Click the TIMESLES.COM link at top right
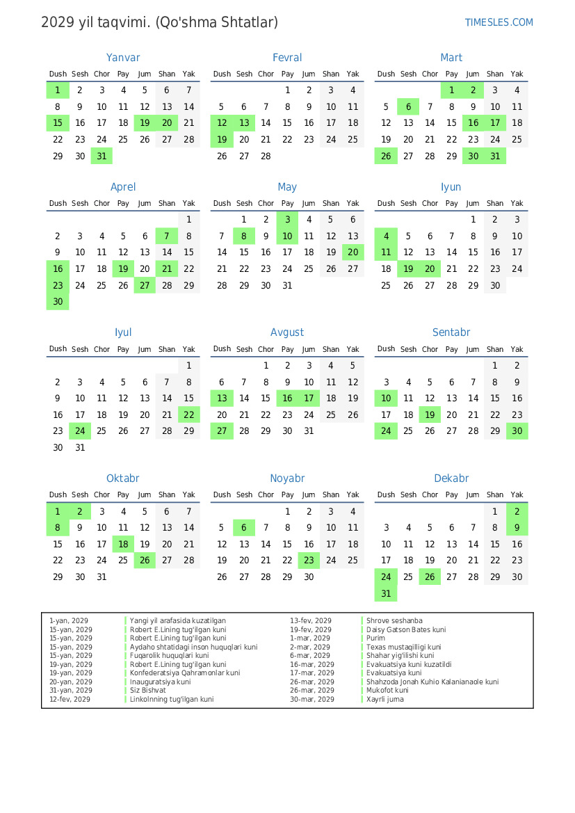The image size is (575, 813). click(499, 22)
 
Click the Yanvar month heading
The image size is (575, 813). click(123, 58)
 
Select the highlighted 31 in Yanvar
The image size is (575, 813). click(102, 156)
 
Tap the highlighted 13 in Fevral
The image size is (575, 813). click(243, 123)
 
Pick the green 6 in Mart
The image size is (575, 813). click(408, 106)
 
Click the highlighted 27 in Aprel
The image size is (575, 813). click(145, 285)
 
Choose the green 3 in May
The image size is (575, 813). click(287, 219)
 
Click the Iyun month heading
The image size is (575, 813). click(451, 187)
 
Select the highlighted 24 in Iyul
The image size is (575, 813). click(80, 431)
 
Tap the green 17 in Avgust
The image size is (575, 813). click(309, 399)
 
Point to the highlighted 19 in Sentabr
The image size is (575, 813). click(430, 415)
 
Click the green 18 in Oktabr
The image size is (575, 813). click(123, 545)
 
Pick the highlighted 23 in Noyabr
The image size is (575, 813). click(309, 561)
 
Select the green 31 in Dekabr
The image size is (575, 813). click(386, 594)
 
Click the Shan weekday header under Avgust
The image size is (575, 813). click(331, 349)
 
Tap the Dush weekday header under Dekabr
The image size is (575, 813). click(386, 495)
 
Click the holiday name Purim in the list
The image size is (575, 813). click(375, 638)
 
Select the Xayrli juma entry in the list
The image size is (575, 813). click(384, 699)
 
